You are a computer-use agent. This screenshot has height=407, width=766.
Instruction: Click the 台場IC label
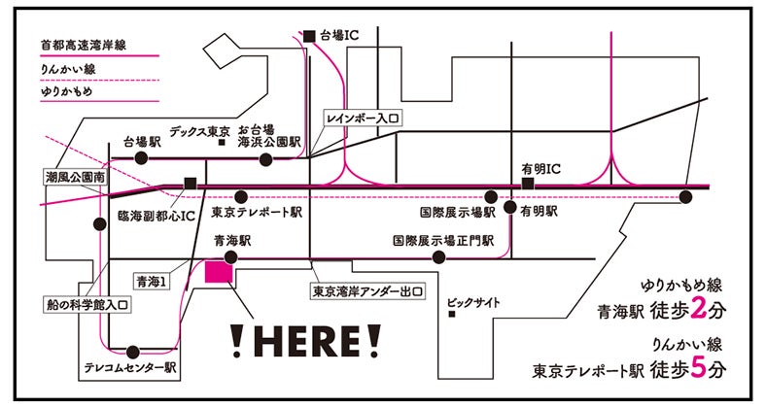340,36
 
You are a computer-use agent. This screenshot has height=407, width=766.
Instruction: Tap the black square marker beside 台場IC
310,36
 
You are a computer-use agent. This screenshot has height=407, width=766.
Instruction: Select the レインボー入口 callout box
365,117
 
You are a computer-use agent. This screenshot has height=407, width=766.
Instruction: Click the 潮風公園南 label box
75,179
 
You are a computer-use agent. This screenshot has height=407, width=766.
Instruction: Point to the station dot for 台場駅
141,156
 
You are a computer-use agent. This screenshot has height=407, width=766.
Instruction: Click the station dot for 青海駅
230,257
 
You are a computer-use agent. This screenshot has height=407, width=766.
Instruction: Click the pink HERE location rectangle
219,271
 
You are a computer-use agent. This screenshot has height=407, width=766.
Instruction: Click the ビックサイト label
474,303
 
